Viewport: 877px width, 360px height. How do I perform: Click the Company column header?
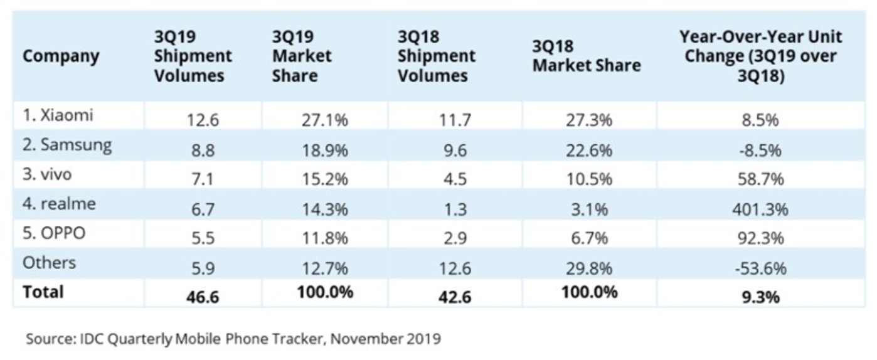pyautogui.click(x=61, y=56)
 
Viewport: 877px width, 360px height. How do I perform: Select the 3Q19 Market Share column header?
pyautogui.click(x=302, y=56)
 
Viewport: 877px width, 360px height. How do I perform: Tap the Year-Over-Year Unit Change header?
pyautogui.click(x=760, y=56)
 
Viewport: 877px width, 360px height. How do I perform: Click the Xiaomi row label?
pyautogui.click(x=58, y=115)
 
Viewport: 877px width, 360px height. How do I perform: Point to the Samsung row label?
pyautogui.click(x=67, y=146)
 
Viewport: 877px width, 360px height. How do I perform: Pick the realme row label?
pyautogui.click(x=60, y=204)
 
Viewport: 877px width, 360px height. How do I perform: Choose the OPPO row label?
pyautogui.click(x=54, y=233)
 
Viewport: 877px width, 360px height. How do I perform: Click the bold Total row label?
pyautogui.click(x=43, y=292)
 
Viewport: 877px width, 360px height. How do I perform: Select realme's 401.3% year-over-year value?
pyautogui.click(x=760, y=209)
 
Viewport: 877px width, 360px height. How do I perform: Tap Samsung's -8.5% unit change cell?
pyautogui.click(x=760, y=151)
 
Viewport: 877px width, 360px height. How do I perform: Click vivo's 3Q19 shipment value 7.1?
pyautogui.click(x=203, y=179)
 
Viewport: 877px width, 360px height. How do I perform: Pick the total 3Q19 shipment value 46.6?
pyautogui.click(x=203, y=296)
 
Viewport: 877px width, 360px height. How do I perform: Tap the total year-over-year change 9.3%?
pyautogui.click(x=760, y=296)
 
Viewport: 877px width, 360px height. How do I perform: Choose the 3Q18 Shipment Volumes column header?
pyautogui.click(x=437, y=56)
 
